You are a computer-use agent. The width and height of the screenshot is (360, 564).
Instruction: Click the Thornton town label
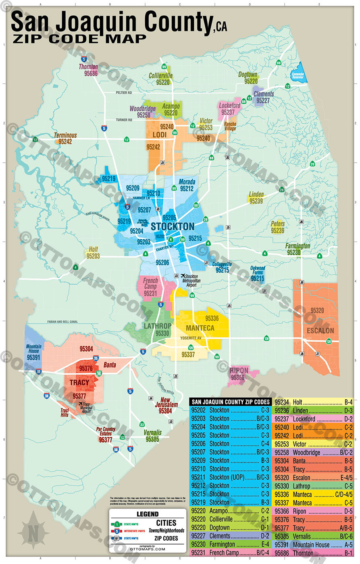pos(88,67)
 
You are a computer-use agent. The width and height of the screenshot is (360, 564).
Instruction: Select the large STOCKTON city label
pos(172,226)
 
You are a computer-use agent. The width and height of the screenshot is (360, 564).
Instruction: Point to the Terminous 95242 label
pos(65,138)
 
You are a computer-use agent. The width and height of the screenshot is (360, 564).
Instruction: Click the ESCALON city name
pos(320,330)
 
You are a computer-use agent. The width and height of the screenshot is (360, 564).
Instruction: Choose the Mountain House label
pos(33,349)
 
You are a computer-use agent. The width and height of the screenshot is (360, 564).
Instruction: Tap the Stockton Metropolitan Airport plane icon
pos(184,276)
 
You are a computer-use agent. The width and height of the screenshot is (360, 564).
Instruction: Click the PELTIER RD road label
pos(124,93)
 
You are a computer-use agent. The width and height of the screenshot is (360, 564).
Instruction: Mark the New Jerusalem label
pos(166,402)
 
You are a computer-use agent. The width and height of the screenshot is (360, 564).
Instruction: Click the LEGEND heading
pos(147,514)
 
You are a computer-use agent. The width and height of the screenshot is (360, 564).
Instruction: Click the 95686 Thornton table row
pos(314,553)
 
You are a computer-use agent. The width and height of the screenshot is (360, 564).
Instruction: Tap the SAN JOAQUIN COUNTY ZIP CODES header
pos(231,402)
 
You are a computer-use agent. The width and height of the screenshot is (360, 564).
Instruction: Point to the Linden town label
pos(256,195)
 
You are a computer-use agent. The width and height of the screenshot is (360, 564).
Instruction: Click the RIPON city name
pos(239,371)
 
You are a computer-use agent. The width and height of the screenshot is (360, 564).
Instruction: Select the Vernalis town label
pos(152,433)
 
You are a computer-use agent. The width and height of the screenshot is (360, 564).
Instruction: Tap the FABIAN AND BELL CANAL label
pos(62,322)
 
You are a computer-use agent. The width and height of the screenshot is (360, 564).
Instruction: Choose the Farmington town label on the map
pos(298,246)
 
